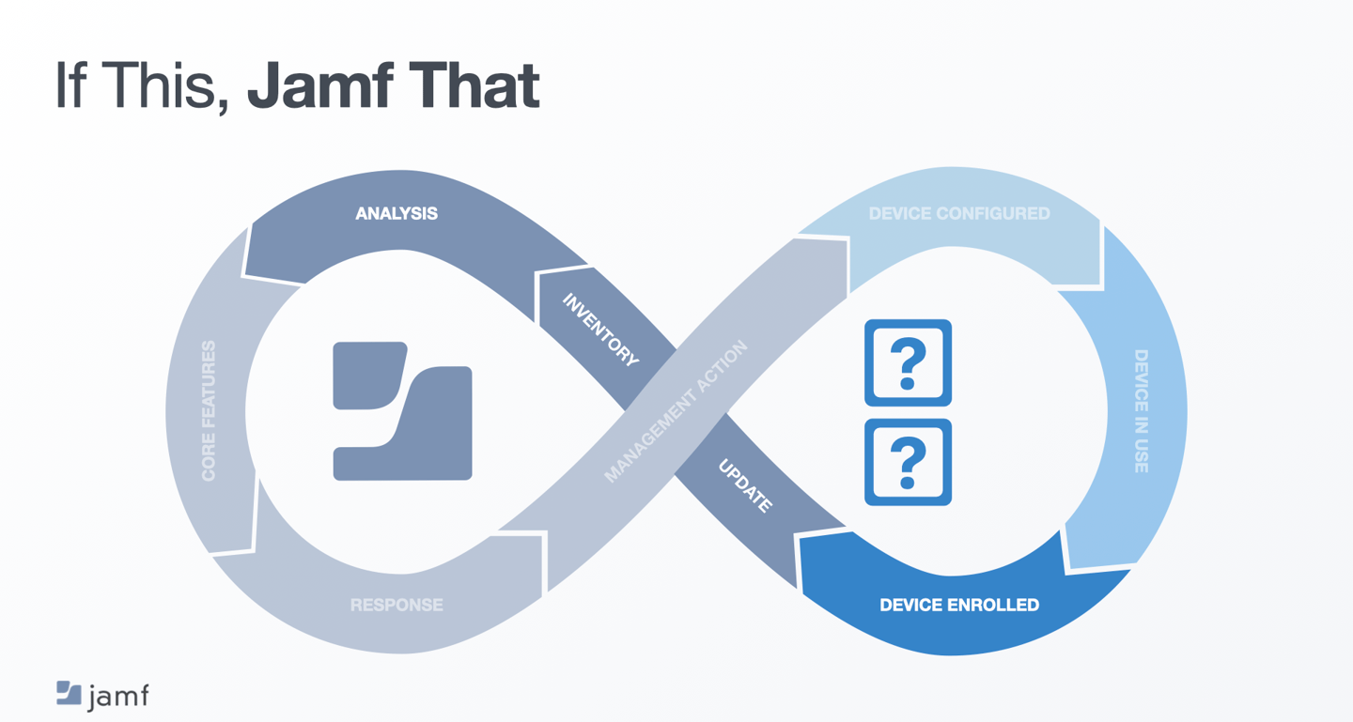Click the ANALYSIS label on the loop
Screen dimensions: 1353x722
(397, 214)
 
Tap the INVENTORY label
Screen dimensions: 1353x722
(600, 330)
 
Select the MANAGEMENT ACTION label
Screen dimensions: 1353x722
(676, 411)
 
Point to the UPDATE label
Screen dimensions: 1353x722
(745, 486)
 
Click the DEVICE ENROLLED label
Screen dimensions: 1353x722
(959, 605)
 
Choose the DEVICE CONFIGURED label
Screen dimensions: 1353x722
(959, 214)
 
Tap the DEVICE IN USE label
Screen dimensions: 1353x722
(1141, 411)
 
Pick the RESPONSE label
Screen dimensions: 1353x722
(397, 605)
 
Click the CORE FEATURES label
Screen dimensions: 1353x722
(209, 411)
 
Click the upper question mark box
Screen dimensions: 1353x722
(908, 362)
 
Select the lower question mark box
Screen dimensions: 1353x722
(908, 463)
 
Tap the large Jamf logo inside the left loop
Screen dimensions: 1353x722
(403, 411)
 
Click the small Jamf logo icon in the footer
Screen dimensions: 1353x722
(69, 693)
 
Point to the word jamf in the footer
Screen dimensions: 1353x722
(118, 697)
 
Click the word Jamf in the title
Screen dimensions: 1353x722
(320, 85)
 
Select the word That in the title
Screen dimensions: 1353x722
(474, 85)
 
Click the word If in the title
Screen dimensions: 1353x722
(70, 84)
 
